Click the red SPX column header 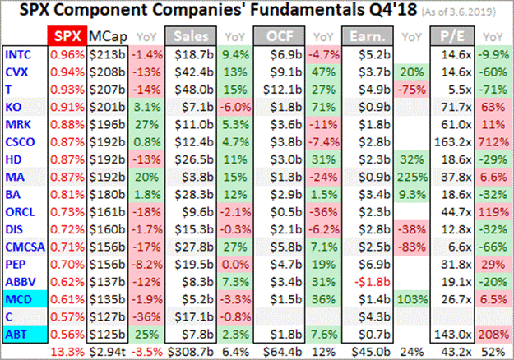click(67, 36)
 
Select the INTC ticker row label click(21, 54)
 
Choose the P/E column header click(451, 36)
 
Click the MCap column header click(108, 36)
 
